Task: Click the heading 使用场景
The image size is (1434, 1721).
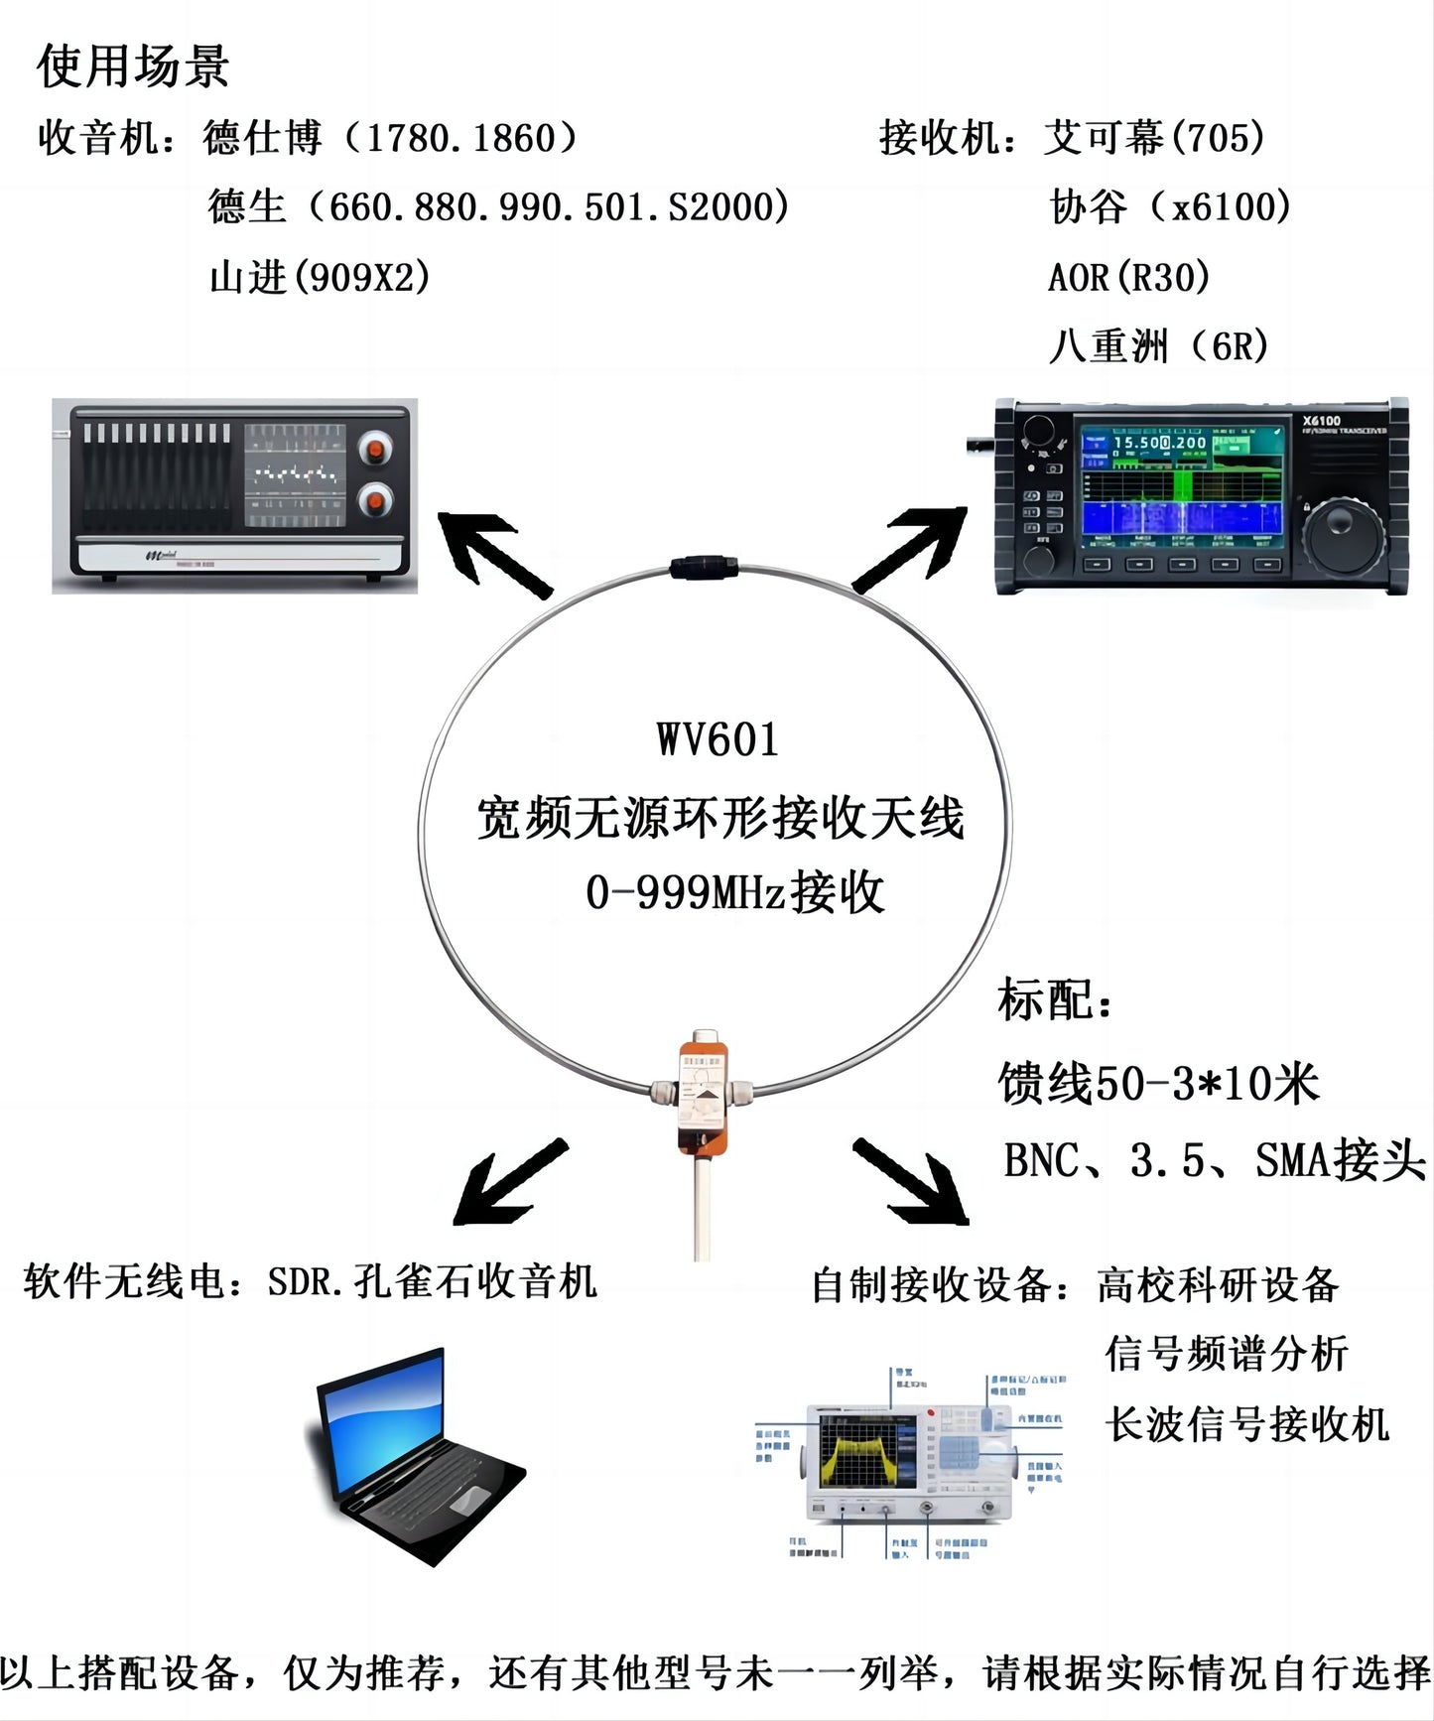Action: coord(133,67)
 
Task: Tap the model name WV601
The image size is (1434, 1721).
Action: coord(717,740)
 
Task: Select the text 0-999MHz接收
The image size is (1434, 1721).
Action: coord(734,892)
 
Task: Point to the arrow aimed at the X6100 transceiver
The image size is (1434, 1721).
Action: coord(911,548)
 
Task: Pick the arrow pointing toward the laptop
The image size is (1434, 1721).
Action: coord(508,1183)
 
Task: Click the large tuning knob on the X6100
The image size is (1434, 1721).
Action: coord(1342,537)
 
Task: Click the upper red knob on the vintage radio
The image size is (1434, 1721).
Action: coord(375,450)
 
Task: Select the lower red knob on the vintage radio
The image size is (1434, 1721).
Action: coord(375,500)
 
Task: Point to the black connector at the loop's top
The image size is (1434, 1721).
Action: coord(704,567)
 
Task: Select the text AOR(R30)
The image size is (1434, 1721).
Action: coord(1129,277)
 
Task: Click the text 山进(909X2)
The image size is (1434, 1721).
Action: coord(320,277)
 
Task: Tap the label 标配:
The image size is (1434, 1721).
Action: coord(1054,1000)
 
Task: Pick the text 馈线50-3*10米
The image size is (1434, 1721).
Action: coord(1158,1083)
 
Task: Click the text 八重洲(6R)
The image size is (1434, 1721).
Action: coord(1159,346)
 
